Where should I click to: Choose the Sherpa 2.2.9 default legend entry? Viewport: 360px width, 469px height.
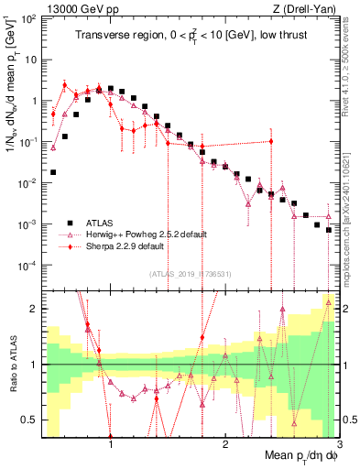point(124,247)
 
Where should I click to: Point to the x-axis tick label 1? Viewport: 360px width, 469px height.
point(111,439)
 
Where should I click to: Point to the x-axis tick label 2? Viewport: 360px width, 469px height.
point(224,439)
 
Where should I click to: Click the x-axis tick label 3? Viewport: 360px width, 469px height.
point(338,439)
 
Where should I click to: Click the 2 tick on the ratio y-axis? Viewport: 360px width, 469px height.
point(32,309)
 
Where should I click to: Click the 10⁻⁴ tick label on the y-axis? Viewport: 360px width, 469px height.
point(27,266)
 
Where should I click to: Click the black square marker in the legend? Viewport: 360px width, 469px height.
point(70,222)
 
